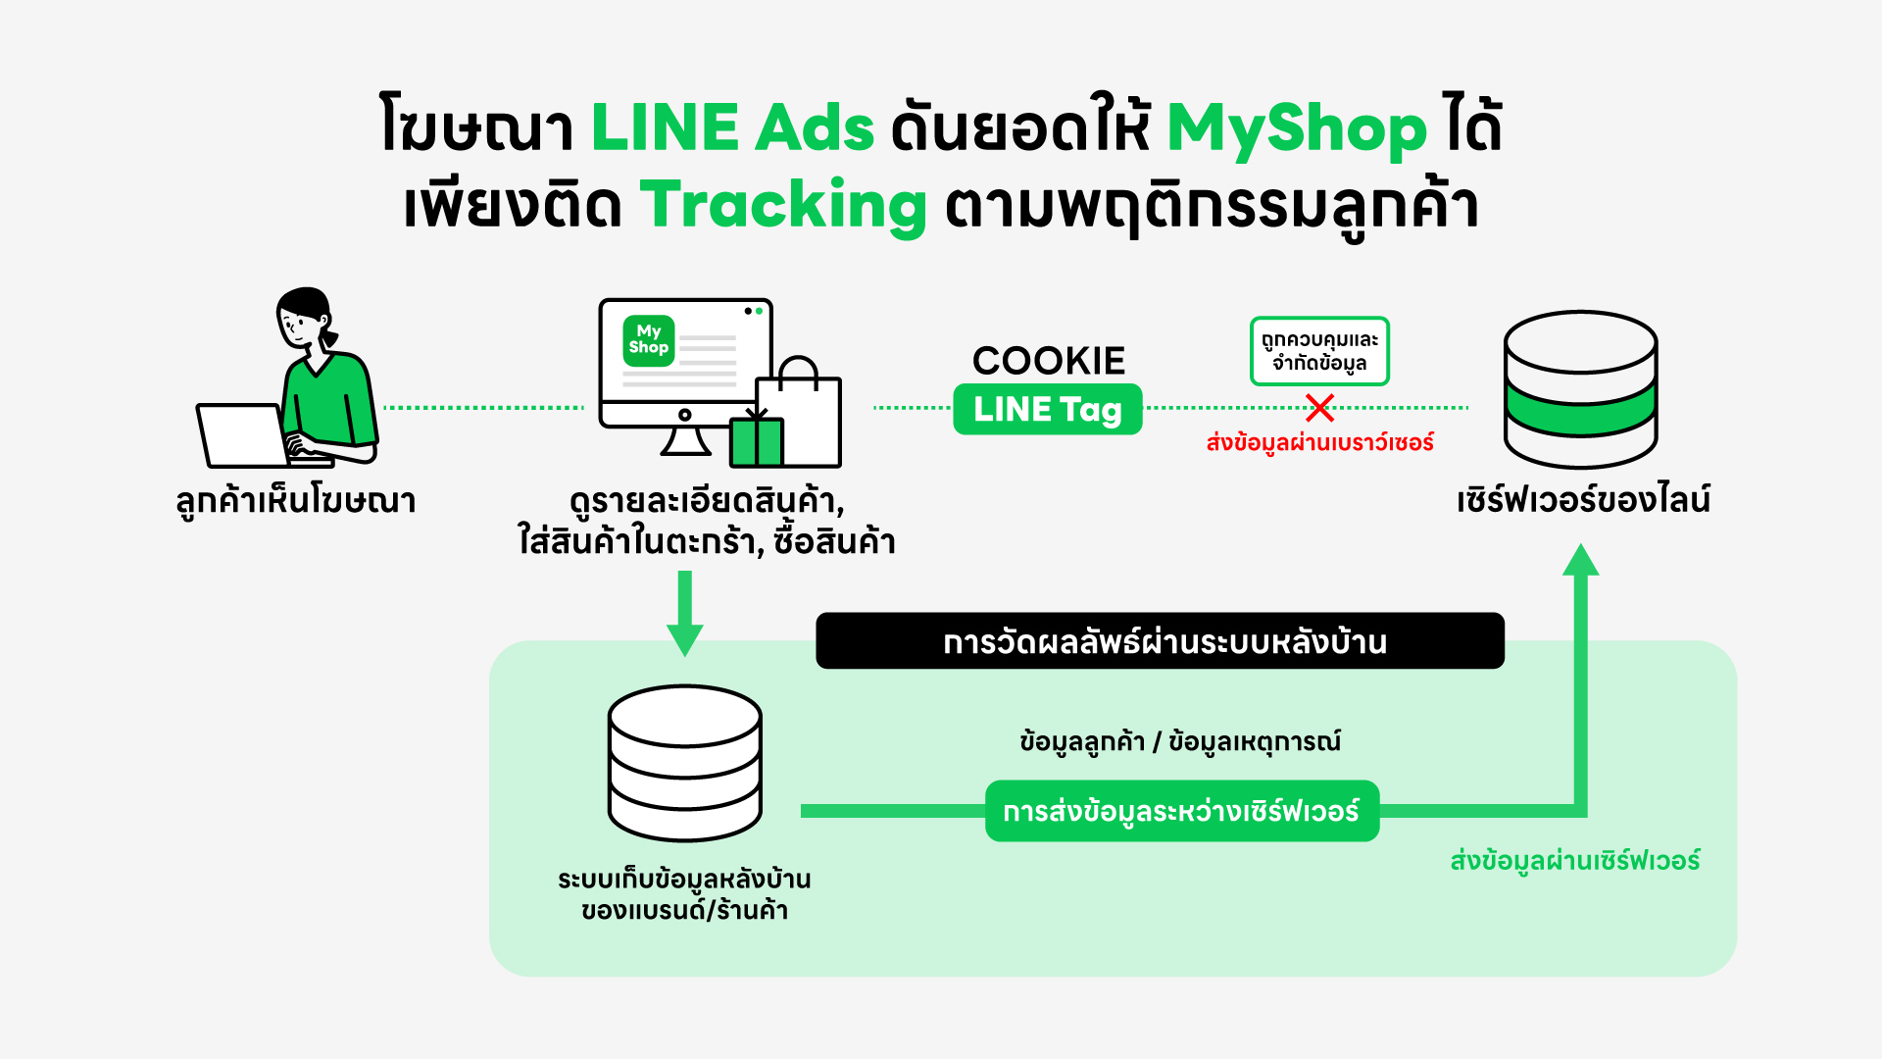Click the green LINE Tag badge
(x=1047, y=410)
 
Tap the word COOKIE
(x=1048, y=361)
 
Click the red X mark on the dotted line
(x=1319, y=408)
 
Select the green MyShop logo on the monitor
(x=648, y=340)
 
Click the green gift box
(x=756, y=442)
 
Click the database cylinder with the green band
(x=1580, y=389)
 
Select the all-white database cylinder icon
(x=684, y=762)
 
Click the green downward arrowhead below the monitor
(x=684, y=639)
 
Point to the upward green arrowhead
(x=1580, y=561)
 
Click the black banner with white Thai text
(x=1160, y=641)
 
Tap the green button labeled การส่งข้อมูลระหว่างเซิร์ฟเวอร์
(x=1181, y=811)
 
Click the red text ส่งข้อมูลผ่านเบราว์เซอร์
(x=1319, y=443)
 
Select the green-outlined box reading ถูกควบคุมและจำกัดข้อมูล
(x=1319, y=351)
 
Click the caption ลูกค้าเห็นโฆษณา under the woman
(x=296, y=501)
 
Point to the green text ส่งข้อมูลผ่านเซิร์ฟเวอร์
(x=1574, y=861)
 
